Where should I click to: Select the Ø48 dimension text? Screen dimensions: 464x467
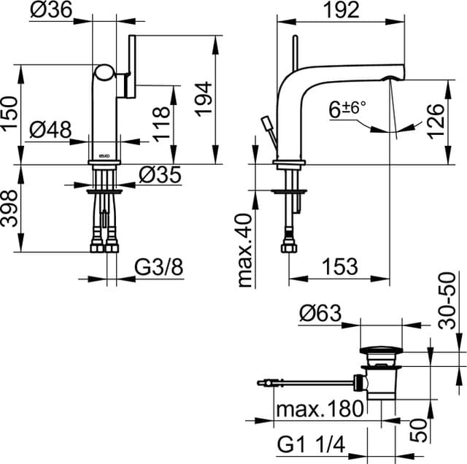tap(50, 130)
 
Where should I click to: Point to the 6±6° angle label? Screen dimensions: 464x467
tap(347, 110)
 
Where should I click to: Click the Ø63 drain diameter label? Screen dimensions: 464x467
tap(320, 314)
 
